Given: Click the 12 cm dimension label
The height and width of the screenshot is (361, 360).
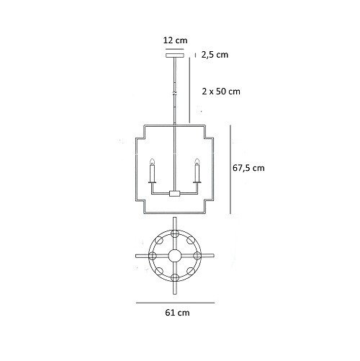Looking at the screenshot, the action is click(175, 40).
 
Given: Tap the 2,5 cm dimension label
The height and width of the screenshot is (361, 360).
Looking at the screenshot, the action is click(215, 55).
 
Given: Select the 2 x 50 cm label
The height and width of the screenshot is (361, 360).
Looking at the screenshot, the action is click(221, 92).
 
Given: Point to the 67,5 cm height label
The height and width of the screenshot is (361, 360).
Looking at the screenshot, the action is click(248, 168).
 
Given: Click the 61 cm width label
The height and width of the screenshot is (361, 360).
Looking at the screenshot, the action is click(177, 313).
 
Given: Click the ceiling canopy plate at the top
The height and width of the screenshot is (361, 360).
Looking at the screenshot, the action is click(175, 55).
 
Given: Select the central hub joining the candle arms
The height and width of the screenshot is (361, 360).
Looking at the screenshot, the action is click(174, 193).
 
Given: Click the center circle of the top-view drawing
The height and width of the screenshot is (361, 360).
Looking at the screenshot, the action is click(175, 256).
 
